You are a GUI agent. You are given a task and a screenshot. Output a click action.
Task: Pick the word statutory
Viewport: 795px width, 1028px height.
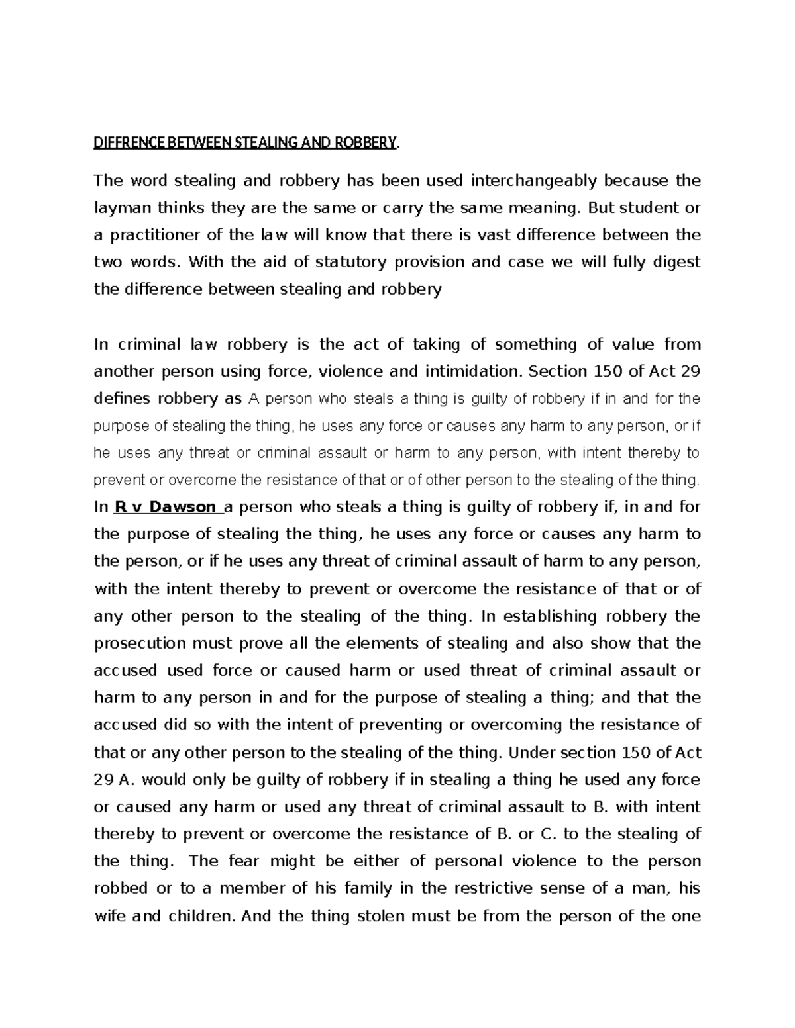click(x=350, y=262)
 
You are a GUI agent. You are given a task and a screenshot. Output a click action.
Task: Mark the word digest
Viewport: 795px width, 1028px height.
click(x=676, y=262)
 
